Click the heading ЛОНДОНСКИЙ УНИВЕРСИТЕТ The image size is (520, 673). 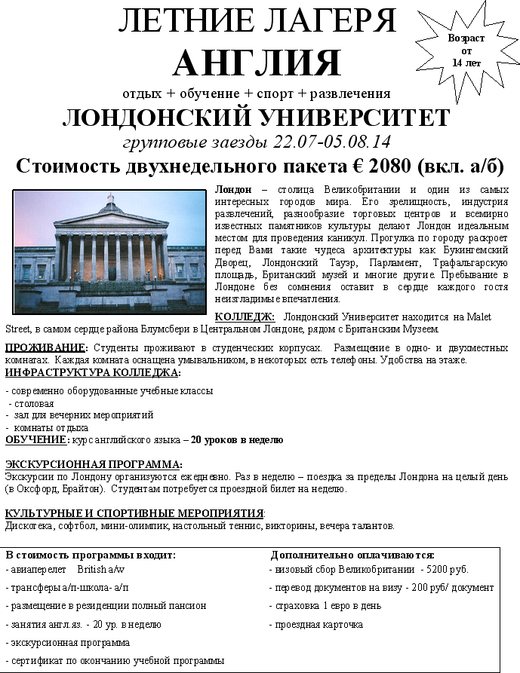tap(257, 118)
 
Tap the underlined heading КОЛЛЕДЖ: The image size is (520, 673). tap(245, 317)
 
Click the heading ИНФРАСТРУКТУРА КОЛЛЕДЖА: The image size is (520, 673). tap(93, 372)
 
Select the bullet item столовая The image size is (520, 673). tap(35, 403)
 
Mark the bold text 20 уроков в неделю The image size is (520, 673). tap(237, 439)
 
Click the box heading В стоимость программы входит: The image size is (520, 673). tap(91, 555)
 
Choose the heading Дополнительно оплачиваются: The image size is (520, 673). tap(352, 555)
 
